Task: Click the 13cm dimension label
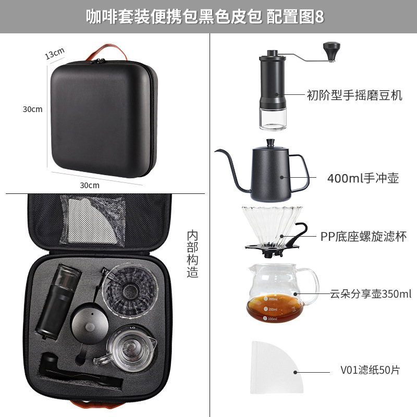coord(55,53)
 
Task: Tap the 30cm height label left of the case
coord(32,109)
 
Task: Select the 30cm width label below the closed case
coord(90,185)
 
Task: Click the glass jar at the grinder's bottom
coord(273,120)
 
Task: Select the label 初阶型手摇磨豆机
coord(354,95)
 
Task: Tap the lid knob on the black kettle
coord(271,142)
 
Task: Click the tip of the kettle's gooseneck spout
coord(216,151)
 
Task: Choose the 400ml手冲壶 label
coord(363,178)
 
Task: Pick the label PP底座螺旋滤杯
coord(363,236)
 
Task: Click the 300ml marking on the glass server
coord(271,299)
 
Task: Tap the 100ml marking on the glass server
coord(270,318)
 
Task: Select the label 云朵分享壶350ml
coord(371,294)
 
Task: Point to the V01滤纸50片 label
coord(370,370)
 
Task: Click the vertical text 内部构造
coord(192,254)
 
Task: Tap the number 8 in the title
coord(320,17)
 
